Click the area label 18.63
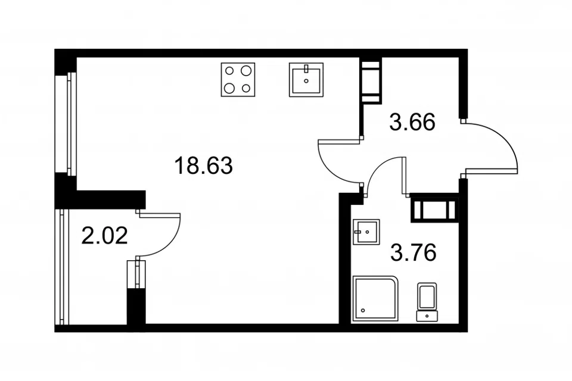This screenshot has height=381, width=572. point(204,165)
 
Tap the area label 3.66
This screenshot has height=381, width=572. point(412,122)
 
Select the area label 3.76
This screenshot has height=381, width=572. point(414,252)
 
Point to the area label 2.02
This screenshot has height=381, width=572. point(104,235)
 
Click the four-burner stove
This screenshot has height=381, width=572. point(238,80)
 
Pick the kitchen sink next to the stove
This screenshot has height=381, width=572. point(306,80)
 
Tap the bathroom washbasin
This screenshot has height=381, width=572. point(366,232)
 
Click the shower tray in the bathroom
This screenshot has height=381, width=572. point(375,299)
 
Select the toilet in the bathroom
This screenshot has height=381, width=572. point(427,302)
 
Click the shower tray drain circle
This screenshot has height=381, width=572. point(363,311)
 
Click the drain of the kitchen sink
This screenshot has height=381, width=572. point(306,81)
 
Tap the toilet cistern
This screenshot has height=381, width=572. point(427,316)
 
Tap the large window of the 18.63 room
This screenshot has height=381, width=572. point(66,124)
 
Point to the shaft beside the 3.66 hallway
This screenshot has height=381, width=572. point(371,80)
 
